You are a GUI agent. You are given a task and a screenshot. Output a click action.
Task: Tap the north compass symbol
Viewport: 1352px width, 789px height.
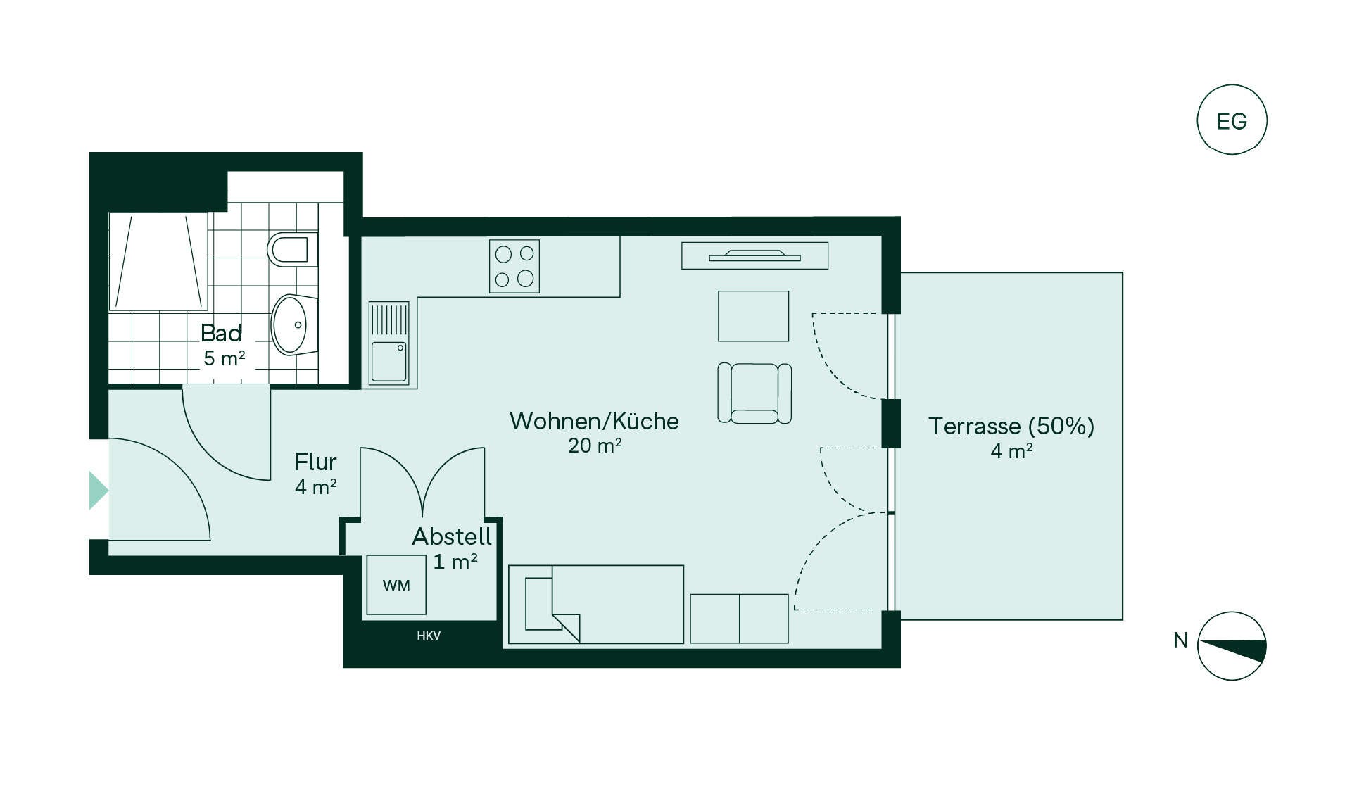click(x=1232, y=646)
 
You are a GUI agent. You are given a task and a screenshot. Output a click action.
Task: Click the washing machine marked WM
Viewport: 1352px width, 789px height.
click(x=396, y=584)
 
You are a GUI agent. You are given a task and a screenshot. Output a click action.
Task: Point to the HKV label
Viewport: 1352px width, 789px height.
click(x=429, y=636)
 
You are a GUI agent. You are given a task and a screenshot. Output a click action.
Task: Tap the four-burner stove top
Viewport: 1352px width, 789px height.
click(x=514, y=266)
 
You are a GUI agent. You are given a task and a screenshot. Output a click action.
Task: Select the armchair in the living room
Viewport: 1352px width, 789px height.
click(x=754, y=393)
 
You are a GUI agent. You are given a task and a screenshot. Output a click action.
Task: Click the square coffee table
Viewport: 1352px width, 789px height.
click(x=753, y=316)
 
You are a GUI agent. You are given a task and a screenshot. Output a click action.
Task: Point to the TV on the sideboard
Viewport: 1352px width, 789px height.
click(x=754, y=255)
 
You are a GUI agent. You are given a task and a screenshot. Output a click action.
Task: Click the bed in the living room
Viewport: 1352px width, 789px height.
click(x=596, y=605)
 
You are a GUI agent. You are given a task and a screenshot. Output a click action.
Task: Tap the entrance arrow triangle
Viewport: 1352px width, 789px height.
click(x=99, y=491)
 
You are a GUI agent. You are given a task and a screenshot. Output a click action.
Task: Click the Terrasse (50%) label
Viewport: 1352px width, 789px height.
click(x=1011, y=426)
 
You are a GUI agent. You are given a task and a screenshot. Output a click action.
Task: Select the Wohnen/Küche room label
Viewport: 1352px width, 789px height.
click(x=594, y=421)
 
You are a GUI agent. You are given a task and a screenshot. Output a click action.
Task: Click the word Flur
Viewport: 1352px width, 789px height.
click(x=315, y=462)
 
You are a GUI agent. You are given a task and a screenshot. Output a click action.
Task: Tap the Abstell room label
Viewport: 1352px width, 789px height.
click(x=452, y=536)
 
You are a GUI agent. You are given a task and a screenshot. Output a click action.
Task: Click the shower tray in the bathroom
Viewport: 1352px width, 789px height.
click(x=158, y=261)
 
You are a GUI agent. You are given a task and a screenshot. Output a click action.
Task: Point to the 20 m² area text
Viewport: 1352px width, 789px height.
click(x=595, y=446)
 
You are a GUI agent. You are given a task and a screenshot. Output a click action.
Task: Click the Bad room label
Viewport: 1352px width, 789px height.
click(x=221, y=332)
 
